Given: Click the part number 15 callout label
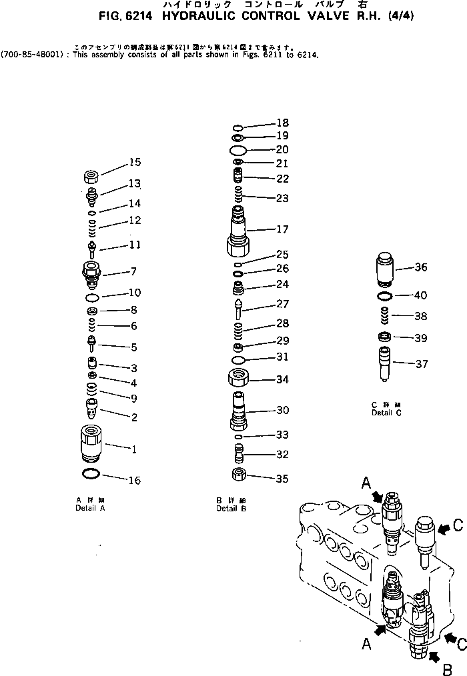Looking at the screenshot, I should click(x=135, y=162).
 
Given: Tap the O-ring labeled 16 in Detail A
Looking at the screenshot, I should click(x=90, y=474).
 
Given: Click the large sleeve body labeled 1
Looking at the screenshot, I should click(x=90, y=442).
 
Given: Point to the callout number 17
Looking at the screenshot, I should click(x=282, y=229).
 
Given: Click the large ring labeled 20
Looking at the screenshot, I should click(x=238, y=149).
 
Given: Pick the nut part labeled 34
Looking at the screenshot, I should click(x=239, y=380).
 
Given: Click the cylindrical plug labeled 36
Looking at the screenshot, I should click(x=387, y=270).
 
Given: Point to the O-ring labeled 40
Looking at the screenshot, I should click(x=386, y=295).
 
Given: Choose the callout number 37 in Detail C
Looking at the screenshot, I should click(x=420, y=364).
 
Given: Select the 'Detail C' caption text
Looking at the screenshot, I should click(x=386, y=413).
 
